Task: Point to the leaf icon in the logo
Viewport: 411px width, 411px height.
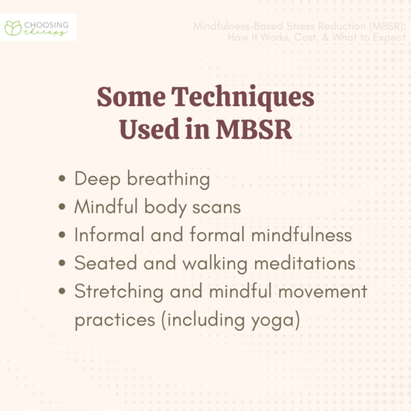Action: [13, 28]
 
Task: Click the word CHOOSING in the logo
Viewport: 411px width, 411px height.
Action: [47, 23]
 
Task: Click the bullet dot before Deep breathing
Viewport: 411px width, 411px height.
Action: [63, 180]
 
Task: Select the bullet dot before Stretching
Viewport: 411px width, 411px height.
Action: [63, 292]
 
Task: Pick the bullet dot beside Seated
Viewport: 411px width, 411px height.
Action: [63, 264]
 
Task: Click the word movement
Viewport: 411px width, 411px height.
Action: [320, 292]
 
